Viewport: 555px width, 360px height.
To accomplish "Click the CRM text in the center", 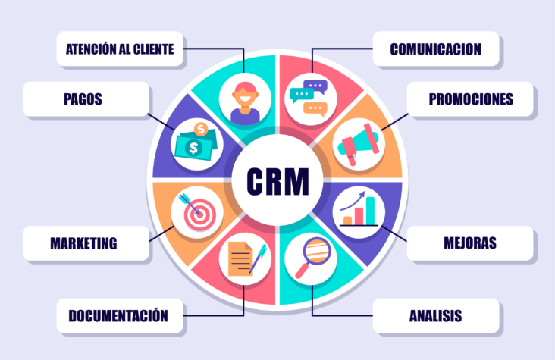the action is (277, 181).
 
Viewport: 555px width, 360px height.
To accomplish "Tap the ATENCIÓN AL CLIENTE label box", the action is (120, 49).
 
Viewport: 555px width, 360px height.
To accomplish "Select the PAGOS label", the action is (86, 99).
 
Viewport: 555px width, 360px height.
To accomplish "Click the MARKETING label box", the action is (86, 243).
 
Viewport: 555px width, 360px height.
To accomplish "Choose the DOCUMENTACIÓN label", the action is (120, 316).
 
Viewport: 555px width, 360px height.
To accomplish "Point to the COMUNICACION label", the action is (436, 49).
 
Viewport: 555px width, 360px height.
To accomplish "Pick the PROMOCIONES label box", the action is (470, 99).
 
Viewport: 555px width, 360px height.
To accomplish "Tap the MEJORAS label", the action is (470, 243).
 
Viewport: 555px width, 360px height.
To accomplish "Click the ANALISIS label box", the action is (436, 316).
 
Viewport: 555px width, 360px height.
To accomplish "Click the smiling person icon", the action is (245, 102).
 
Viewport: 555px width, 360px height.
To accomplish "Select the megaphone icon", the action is (358, 144).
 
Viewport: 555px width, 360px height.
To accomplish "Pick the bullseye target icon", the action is (197, 211).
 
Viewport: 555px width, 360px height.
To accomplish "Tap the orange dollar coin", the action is (201, 129).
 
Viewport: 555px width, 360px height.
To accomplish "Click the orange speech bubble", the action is (315, 108).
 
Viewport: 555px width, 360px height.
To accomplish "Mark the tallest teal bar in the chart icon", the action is (370, 211).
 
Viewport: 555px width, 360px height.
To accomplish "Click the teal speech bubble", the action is (302, 95).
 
